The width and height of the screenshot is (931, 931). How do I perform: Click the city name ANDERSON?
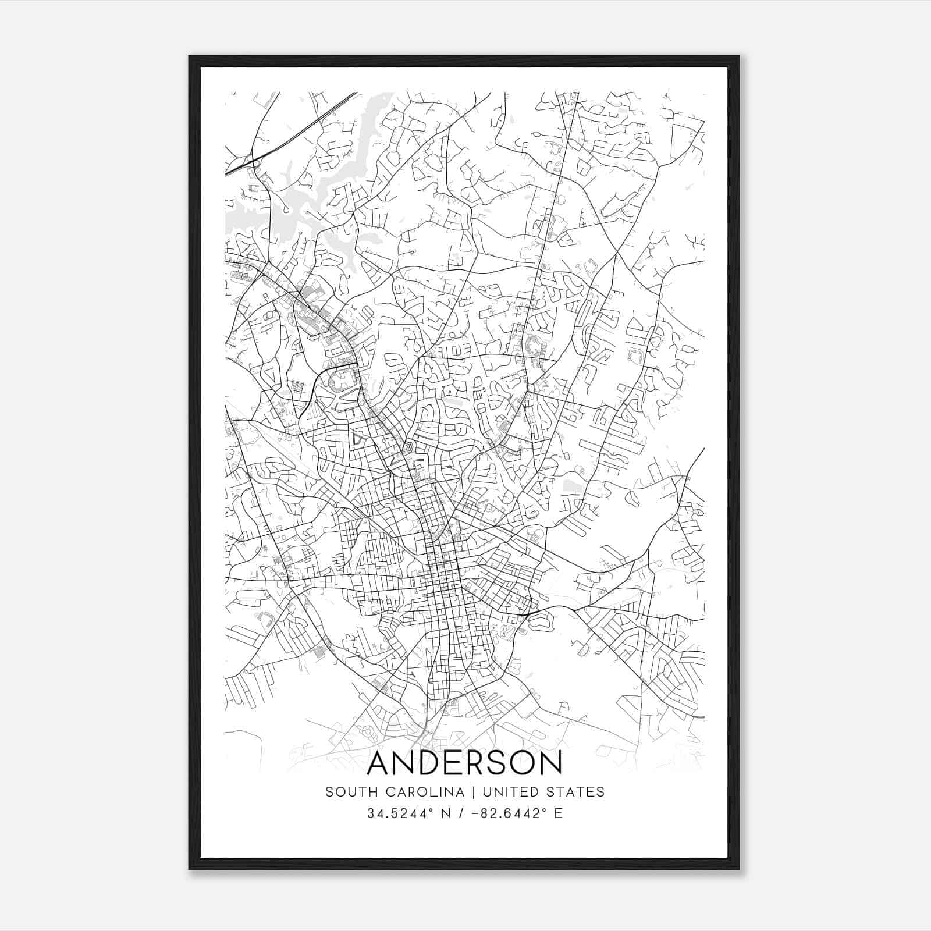pos(465,763)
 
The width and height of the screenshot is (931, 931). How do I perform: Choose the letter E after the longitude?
pos(559,813)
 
